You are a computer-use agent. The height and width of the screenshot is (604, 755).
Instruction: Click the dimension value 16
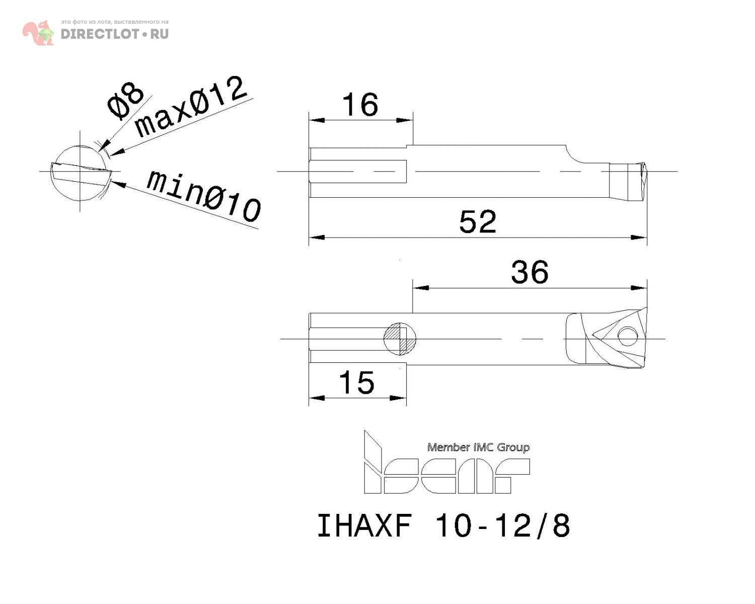(x=360, y=105)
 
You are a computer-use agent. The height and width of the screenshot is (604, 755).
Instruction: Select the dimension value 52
(x=478, y=222)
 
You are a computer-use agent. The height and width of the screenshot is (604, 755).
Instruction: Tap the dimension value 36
(x=530, y=272)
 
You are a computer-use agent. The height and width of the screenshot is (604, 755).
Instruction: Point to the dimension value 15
(x=357, y=383)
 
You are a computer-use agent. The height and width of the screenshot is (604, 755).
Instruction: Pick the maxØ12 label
(x=191, y=107)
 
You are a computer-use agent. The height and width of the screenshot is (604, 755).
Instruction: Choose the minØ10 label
(x=203, y=196)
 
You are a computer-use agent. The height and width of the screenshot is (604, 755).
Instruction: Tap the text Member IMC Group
(x=478, y=447)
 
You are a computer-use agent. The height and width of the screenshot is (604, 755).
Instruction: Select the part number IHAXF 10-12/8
(x=443, y=525)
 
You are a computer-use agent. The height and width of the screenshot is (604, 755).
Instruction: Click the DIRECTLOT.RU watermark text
(x=115, y=34)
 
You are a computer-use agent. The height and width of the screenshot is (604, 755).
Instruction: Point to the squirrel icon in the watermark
(x=38, y=33)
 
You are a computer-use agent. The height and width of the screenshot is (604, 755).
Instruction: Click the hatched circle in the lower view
(x=400, y=338)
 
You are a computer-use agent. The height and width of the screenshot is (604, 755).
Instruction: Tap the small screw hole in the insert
(x=627, y=336)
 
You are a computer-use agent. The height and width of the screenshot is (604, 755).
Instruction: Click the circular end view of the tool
(x=80, y=173)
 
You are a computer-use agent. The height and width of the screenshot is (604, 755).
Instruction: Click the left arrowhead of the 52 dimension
(x=317, y=237)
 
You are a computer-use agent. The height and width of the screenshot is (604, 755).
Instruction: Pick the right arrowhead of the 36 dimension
(x=639, y=288)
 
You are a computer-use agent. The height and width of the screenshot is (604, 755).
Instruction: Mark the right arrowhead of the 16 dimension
(x=405, y=120)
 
